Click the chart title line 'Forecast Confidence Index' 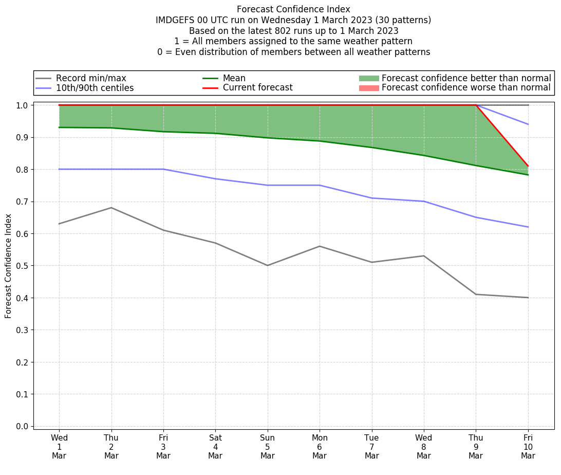[293, 9]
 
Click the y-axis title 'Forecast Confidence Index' [9, 266]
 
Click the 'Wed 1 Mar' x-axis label [59, 447]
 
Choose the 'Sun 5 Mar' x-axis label [267, 447]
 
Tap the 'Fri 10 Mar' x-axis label [528, 447]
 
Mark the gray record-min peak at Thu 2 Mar [111, 208]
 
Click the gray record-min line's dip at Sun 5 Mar [267, 265]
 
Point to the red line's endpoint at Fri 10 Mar [528, 166]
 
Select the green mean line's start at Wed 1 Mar [59, 127]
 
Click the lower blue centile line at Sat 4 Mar [215, 179]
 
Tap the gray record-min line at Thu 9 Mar [476, 294]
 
